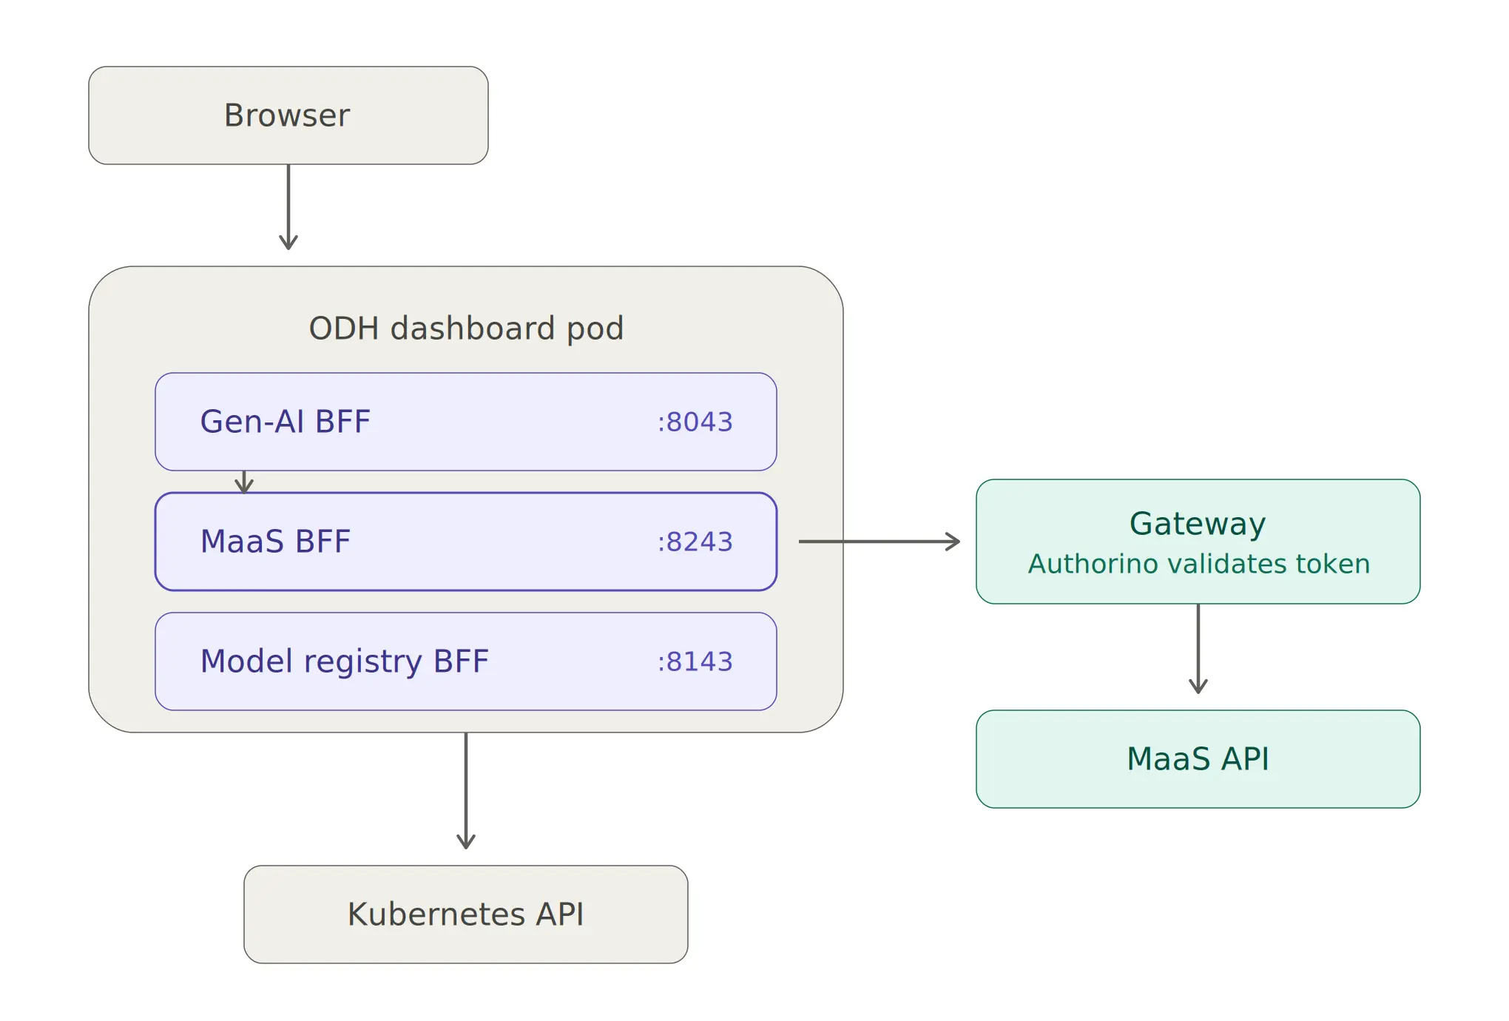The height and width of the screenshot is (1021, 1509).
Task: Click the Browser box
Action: click(288, 115)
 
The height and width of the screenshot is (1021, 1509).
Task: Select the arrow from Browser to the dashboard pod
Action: click(288, 206)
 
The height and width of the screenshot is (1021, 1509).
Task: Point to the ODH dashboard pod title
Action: click(466, 328)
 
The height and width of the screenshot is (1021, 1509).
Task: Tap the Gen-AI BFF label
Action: click(285, 422)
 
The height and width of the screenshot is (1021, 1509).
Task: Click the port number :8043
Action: click(695, 422)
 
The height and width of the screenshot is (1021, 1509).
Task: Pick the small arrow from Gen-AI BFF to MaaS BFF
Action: click(244, 482)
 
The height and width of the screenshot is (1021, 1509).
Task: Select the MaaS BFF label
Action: click(275, 542)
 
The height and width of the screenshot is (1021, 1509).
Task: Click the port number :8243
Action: click(695, 542)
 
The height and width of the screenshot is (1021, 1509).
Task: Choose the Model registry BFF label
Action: click(345, 661)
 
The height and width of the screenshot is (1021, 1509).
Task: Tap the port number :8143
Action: click(695, 661)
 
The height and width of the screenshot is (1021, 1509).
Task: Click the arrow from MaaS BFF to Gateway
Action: click(880, 542)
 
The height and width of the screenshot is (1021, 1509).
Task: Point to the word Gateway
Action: click(1198, 524)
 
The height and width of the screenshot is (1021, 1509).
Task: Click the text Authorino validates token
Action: click(1199, 564)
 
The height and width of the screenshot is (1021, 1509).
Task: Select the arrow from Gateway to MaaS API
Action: click(1198, 649)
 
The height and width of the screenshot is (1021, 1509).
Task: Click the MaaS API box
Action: click(1198, 759)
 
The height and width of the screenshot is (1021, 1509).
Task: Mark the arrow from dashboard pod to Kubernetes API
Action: click(466, 791)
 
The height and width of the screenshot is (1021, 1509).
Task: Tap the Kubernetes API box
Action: click(466, 914)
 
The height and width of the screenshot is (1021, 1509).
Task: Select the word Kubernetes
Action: click(436, 914)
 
